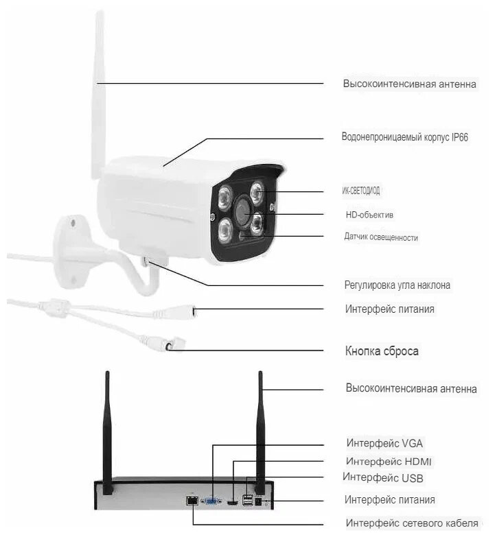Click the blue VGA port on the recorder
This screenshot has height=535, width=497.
point(211,501)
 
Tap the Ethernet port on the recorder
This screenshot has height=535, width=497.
point(189,501)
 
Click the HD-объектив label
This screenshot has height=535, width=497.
point(369,215)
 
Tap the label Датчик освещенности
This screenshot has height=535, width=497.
point(381,237)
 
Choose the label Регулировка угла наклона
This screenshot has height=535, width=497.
point(397,285)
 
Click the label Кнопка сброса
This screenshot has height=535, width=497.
point(382,351)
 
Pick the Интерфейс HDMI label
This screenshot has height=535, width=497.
point(389,461)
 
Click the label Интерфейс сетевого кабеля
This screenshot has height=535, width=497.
point(412,523)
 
